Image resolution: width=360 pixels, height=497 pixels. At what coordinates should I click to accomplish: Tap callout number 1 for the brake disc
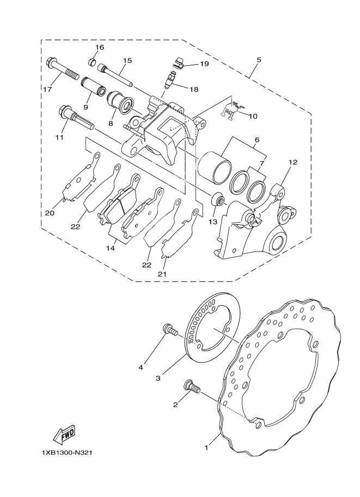[206, 448]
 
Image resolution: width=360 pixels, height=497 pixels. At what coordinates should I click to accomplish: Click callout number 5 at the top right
[259, 60]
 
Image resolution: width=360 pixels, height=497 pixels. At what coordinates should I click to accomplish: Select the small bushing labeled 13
[218, 200]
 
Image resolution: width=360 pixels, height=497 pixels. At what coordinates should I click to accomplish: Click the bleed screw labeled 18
[170, 80]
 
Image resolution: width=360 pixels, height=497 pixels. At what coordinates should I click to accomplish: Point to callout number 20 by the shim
[50, 213]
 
